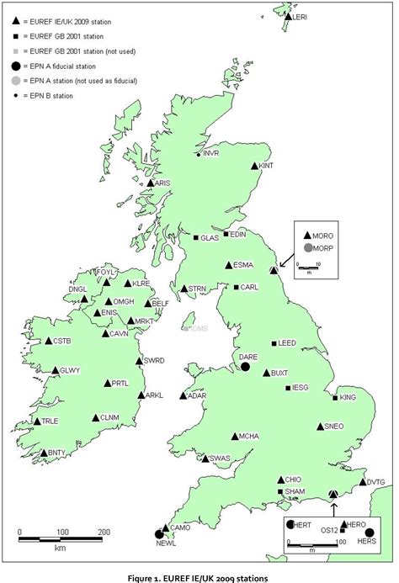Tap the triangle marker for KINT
point(255,167)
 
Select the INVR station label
point(212,154)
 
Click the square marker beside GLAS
point(196,238)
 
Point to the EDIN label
point(237,234)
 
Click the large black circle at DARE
point(245,367)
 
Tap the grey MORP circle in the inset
point(309,248)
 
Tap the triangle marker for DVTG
point(363,482)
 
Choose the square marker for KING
point(336,398)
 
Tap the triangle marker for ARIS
point(151,183)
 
